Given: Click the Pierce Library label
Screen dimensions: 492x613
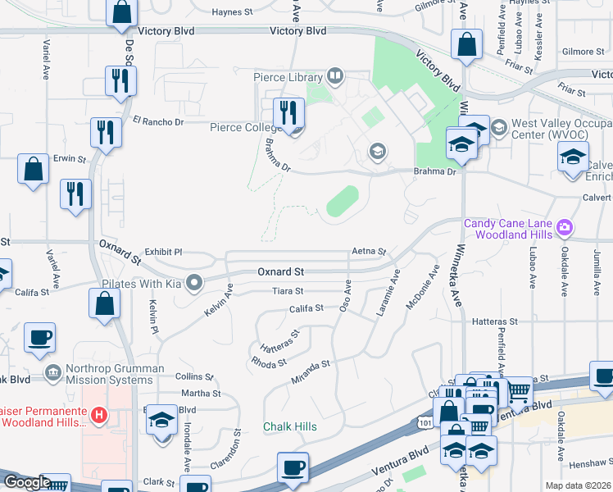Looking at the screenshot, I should click(x=287, y=78).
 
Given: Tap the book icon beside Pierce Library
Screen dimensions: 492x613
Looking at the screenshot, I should click(x=334, y=78).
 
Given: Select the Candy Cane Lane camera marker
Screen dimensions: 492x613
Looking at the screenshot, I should click(x=564, y=226).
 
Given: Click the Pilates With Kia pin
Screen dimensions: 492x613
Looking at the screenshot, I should click(x=194, y=284).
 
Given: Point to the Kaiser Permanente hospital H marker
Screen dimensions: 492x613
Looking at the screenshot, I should click(x=99, y=416).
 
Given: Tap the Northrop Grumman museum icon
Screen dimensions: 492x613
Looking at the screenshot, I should click(x=53, y=373).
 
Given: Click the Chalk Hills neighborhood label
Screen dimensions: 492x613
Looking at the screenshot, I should click(x=289, y=427).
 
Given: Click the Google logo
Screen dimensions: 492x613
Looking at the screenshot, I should click(x=26, y=482).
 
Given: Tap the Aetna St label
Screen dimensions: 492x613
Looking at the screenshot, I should click(x=369, y=251).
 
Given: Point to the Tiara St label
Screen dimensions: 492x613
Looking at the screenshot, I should click(x=288, y=291).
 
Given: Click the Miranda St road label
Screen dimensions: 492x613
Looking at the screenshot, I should click(x=310, y=373).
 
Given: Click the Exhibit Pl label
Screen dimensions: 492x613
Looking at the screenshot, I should click(x=162, y=253).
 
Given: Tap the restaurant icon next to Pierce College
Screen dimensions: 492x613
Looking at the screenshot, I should click(x=288, y=112).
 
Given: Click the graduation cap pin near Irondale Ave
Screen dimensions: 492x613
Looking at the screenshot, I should click(x=162, y=421).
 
